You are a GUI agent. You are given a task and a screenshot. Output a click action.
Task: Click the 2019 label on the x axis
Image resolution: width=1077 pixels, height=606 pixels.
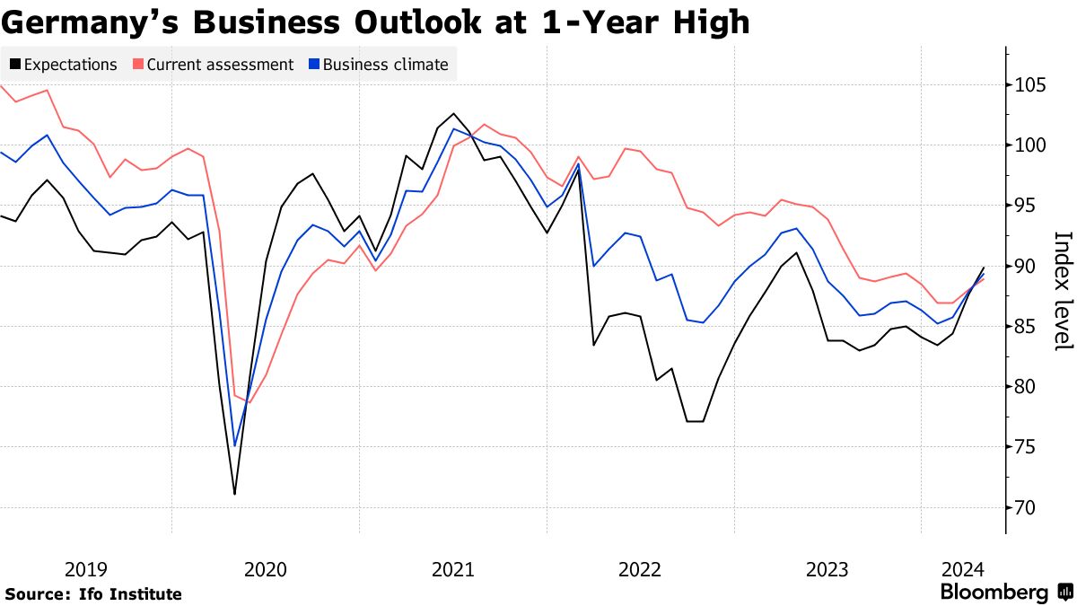click(86, 569)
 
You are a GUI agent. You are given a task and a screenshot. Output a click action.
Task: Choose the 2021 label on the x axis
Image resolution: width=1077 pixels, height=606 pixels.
click(453, 569)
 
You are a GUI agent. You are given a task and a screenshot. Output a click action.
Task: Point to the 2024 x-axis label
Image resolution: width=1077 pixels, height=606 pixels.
click(964, 569)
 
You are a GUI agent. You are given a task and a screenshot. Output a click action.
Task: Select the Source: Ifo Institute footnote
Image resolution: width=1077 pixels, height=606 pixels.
click(93, 594)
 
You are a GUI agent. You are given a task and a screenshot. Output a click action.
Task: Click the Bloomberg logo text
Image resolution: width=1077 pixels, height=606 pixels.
click(994, 593)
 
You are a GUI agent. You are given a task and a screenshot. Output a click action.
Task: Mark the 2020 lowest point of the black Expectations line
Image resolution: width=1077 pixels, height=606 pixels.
click(234, 494)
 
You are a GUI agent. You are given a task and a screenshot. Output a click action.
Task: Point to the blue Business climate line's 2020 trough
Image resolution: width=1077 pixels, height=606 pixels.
click(234, 446)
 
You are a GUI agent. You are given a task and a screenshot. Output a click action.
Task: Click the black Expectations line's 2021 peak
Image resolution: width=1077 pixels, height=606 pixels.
click(454, 113)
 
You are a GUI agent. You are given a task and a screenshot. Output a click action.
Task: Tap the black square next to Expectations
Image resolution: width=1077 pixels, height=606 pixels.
click(15, 65)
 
